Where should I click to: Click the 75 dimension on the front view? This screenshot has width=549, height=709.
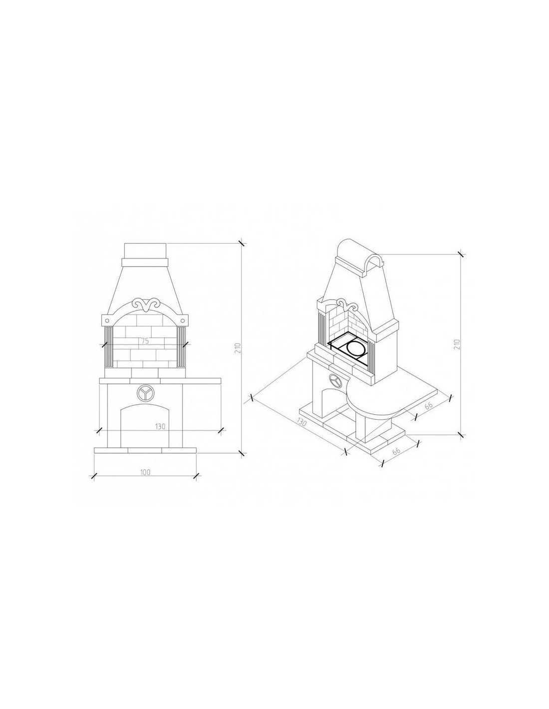145,341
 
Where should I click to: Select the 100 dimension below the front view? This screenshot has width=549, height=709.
145,472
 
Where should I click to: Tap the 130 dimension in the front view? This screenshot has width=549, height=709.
160,426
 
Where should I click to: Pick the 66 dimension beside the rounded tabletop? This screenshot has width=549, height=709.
429,405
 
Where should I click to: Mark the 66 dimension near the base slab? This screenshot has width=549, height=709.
396,451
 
